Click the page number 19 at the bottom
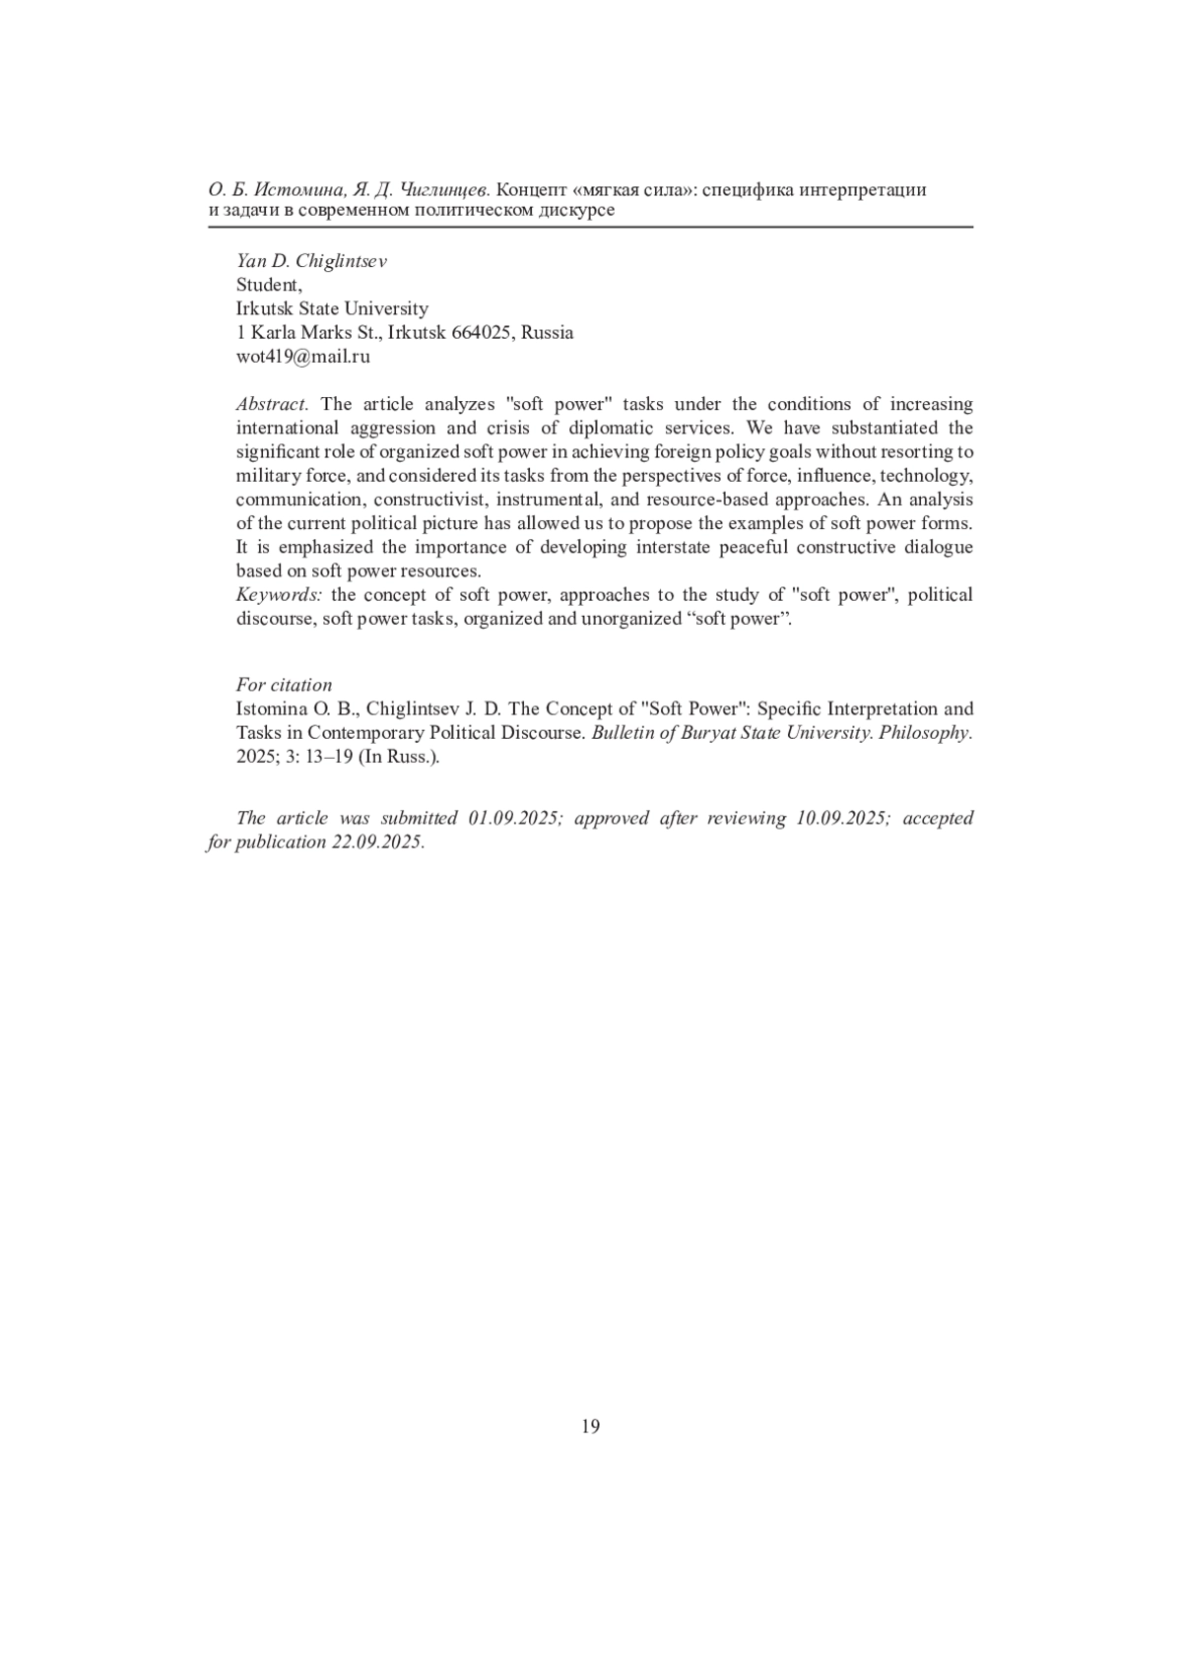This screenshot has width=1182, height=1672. tap(590, 1426)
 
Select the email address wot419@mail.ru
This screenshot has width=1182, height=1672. tap(302, 357)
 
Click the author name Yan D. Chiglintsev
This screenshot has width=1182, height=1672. tap(311, 261)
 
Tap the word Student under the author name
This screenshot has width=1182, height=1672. tap(268, 285)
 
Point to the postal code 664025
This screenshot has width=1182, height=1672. tap(481, 333)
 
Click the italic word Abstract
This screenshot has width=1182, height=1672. tap(272, 404)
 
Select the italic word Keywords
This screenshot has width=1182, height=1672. tap(279, 595)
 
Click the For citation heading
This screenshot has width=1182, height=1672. tap(284, 685)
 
